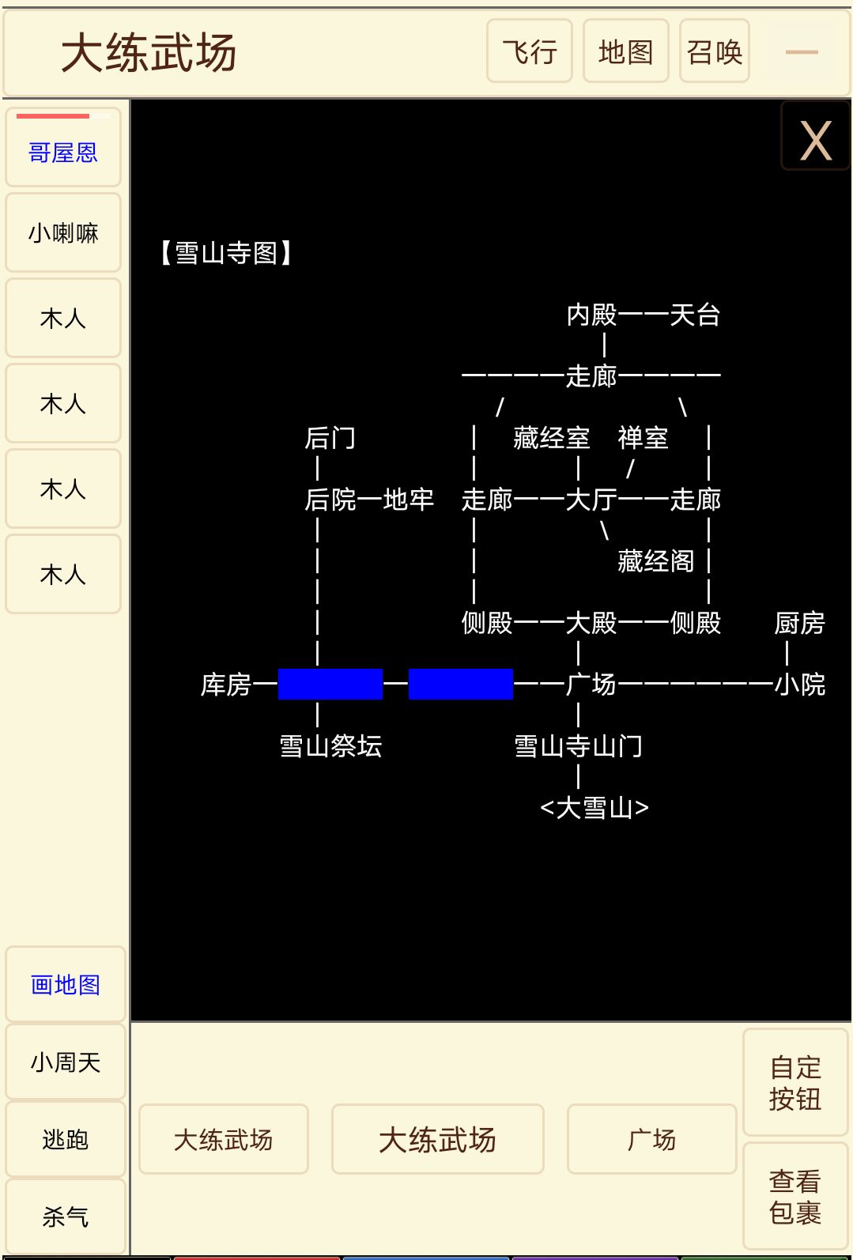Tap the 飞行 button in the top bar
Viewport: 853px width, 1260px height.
(529, 51)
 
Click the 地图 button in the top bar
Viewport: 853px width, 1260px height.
(625, 51)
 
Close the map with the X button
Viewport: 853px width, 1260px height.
(815, 141)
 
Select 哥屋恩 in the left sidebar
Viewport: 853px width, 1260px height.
(63, 152)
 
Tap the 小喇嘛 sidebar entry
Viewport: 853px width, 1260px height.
(63, 233)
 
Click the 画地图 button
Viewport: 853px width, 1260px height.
(65, 985)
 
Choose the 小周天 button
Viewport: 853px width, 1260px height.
(65, 1062)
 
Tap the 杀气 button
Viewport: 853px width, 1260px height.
(65, 1217)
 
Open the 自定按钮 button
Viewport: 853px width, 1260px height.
(794, 1083)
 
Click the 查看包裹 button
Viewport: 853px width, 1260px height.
(794, 1197)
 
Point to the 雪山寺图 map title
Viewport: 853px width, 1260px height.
(226, 253)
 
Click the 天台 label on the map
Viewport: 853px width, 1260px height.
(695, 315)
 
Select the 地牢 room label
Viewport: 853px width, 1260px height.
(409, 500)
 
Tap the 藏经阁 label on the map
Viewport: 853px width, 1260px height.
(655, 561)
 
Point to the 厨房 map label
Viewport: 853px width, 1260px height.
(799, 623)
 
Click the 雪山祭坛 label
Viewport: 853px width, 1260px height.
(330, 745)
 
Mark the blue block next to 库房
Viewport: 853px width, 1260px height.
(330, 684)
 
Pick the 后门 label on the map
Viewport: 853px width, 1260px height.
(330, 438)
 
